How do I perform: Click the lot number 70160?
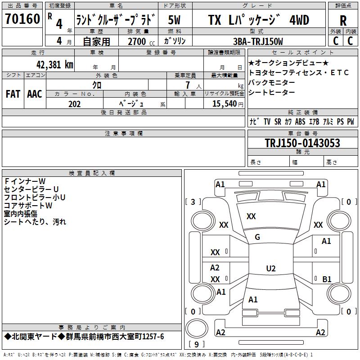[22, 18]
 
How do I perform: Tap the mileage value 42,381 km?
[54, 65]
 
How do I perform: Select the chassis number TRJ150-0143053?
[302, 143]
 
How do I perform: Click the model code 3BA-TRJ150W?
[258, 41]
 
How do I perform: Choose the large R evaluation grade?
[343, 21]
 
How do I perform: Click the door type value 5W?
[174, 20]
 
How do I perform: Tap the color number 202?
[74, 104]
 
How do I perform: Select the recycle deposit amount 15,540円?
[228, 104]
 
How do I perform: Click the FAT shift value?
[13, 94]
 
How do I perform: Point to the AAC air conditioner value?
[35, 94]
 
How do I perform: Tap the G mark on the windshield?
[257, 237]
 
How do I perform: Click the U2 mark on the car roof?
[271, 268]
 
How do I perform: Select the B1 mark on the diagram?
[327, 279]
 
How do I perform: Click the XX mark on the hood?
[251, 216]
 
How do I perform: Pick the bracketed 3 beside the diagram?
[193, 202]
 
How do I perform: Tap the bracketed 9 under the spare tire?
[196, 344]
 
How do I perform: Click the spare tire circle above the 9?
[197, 328]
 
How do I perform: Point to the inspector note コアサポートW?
[28, 206]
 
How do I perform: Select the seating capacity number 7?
[188, 85]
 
